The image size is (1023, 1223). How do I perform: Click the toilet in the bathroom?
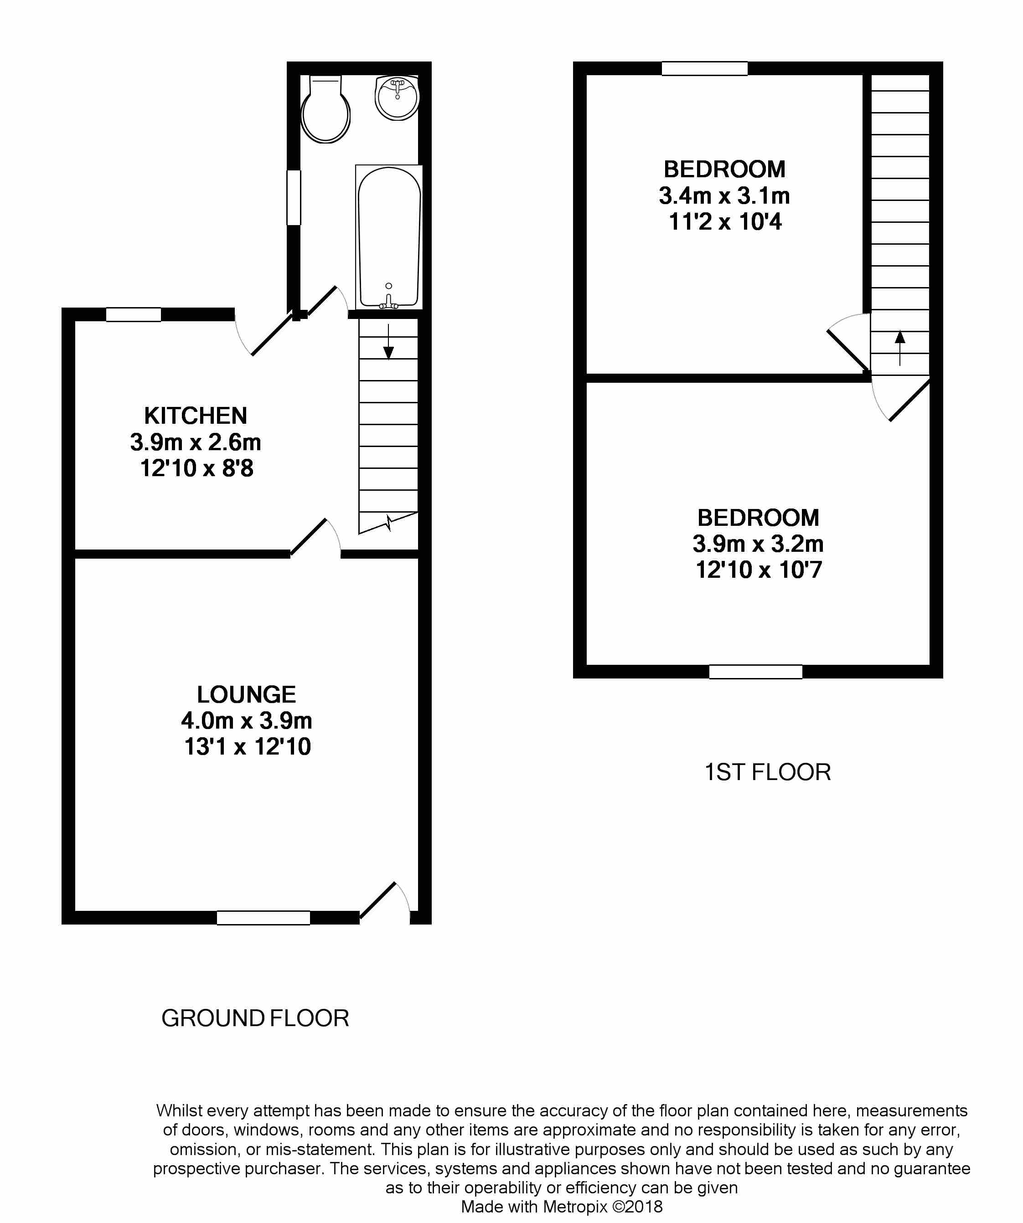tap(325, 109)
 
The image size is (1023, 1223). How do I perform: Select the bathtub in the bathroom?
tap(388, 237)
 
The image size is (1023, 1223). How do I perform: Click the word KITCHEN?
tap(196, 416)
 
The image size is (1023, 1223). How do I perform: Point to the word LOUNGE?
tap(247, 694)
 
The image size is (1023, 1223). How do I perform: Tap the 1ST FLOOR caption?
tap(767, 772)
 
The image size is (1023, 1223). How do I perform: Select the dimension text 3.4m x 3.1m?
tap(724, 195)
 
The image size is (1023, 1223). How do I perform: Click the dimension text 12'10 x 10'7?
tap(759, 570)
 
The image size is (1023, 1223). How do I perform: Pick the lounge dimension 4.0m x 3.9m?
tap(247, 721)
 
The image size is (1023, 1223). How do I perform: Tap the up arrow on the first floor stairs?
tap(900, 348)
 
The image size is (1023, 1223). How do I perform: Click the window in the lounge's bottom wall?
tap(263, 918)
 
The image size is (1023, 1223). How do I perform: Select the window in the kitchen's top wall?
tap(134, 314)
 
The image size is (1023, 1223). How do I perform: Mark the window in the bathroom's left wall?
tap(294, 197)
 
